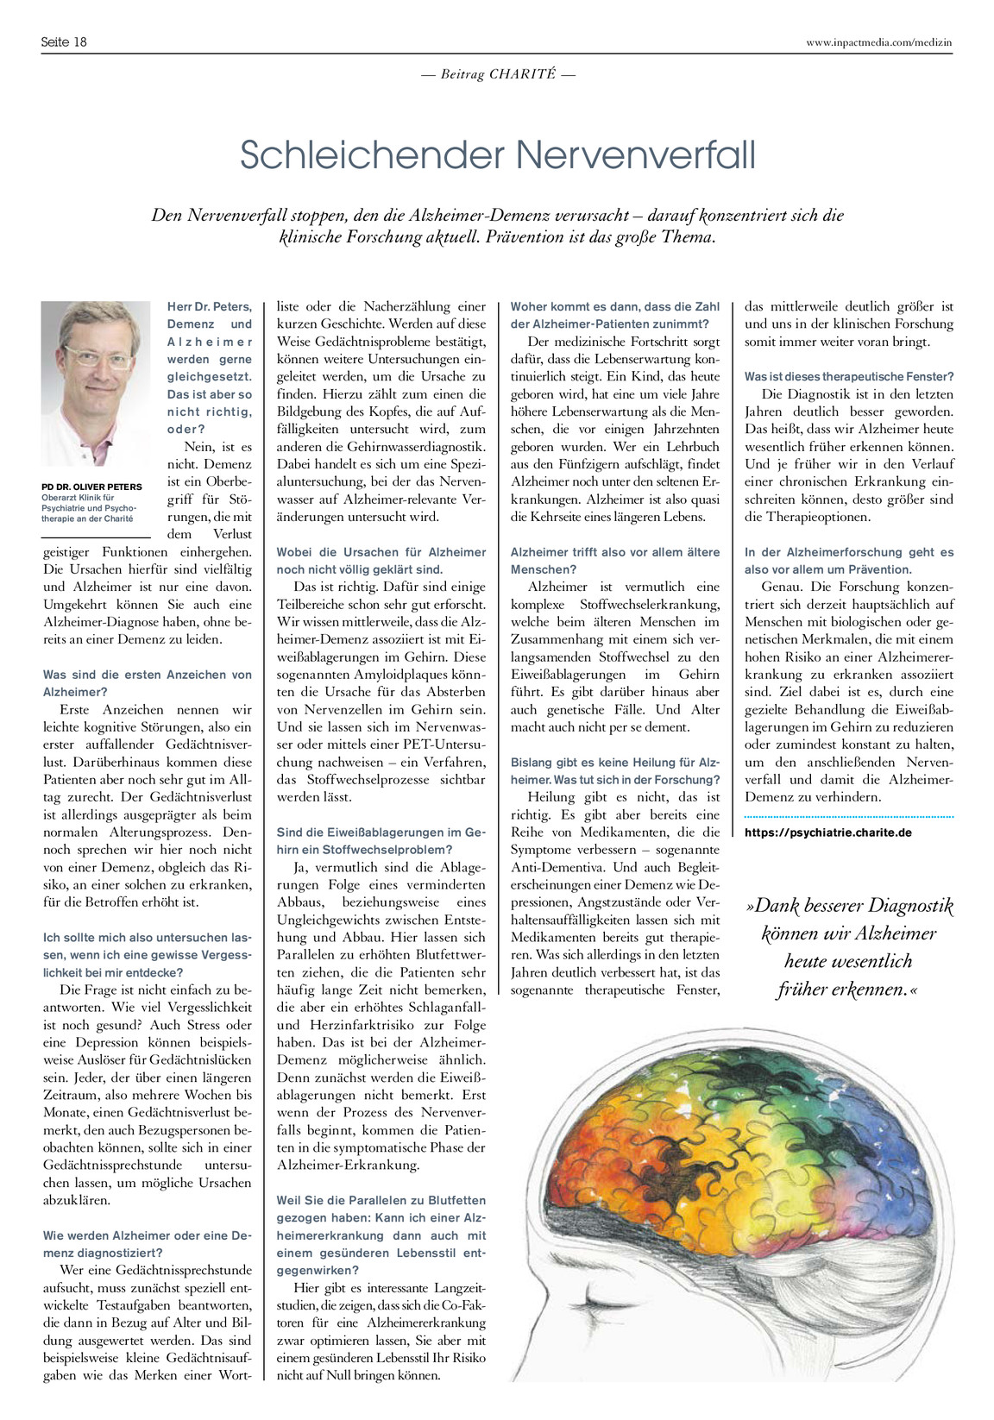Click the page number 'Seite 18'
pos(64,41)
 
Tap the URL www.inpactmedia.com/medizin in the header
pos(878,41)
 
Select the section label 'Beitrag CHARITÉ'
pos(498,74)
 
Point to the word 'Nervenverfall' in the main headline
pos(636,155)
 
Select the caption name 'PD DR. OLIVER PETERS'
pos(92,487)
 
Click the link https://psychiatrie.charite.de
pos(828,833)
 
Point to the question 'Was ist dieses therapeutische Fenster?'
pos(849,377)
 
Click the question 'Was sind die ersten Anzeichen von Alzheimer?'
pos(148,683)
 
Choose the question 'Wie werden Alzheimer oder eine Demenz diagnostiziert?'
pos(148,1244)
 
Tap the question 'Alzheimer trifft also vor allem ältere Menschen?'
pos(614,561)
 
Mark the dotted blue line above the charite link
pos(849,815)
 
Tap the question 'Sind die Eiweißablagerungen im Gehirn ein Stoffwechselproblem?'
pos(381,841)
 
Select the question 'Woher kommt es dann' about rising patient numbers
pos(614,315)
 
